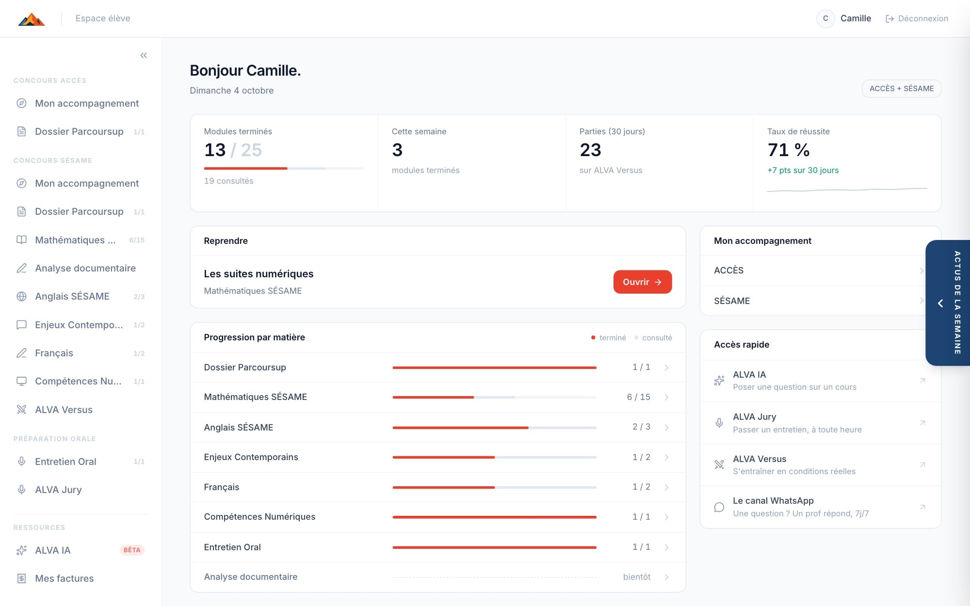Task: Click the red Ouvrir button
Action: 642,282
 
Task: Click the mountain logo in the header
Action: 32,19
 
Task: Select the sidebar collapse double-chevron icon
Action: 144,55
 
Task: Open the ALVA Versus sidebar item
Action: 64,410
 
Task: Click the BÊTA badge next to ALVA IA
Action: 132,550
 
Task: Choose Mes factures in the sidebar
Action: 64,578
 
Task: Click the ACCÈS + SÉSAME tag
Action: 902,89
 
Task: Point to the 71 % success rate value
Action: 789,150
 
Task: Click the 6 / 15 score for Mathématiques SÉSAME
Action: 638,397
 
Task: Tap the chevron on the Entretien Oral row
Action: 666,547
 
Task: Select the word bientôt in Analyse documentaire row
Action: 637,577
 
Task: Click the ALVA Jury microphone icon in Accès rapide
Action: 719,423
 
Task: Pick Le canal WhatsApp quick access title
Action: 773,501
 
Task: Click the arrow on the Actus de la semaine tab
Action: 940,303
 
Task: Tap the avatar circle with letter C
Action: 825,18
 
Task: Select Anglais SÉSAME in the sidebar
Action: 72,296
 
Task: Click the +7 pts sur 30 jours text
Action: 803,170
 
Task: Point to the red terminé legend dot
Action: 593,337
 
